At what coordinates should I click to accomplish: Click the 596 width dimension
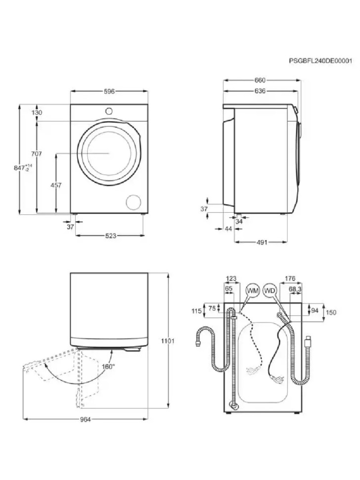click(109, 91)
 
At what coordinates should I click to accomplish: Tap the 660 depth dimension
click(260, 80)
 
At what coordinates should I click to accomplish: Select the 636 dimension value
click(260, 91)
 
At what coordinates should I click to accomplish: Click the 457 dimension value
click(56, 185)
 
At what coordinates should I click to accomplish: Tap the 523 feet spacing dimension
click(110, 236)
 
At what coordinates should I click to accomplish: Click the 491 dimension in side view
click(262, 242)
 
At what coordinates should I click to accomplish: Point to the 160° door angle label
click(108, 367)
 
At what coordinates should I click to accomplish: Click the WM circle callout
click(252, 290)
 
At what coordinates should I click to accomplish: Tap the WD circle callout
click(270, 290)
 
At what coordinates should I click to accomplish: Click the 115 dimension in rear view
click(197, 311)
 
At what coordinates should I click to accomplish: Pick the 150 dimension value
click(331, 312)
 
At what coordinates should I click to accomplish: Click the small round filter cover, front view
click(134, 201)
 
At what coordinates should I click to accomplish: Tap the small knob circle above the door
click(109, 110)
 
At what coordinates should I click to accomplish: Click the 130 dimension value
click(37, 112)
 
